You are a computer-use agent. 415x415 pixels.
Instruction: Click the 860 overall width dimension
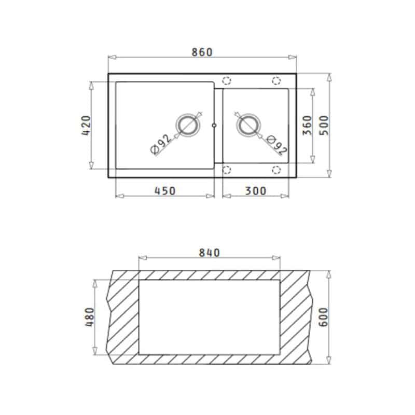coord(202,52)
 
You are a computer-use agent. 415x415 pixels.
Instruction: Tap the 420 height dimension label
coord(86,126)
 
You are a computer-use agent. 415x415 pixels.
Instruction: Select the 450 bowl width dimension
coord(164,191)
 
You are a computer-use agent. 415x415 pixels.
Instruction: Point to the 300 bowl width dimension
coord(255,191)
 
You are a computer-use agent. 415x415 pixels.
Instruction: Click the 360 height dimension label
coord(307,126)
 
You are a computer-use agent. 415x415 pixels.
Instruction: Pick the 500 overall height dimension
coord(324,126)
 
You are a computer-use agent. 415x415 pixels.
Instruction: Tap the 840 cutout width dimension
coord(209,253)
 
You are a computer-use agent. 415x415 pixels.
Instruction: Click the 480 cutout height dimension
coord(90,317)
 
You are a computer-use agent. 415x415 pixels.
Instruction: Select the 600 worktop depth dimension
coord(323,317)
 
